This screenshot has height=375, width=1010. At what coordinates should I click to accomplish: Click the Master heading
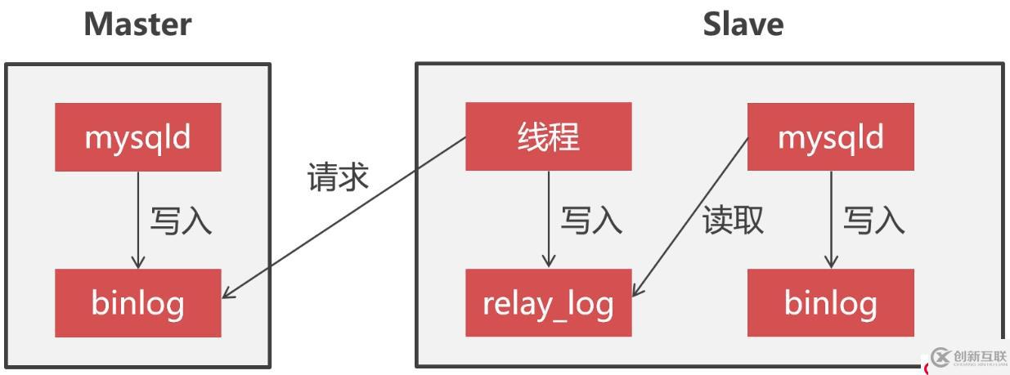[138, 25]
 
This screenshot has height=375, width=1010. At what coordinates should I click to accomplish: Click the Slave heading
[743, 25]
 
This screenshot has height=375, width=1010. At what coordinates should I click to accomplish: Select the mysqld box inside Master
[138, 136]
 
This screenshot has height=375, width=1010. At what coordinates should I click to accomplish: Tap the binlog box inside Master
[138, 303]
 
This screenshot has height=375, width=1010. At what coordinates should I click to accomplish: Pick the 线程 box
[548, 136]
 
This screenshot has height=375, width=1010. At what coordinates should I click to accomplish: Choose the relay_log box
[548, 303]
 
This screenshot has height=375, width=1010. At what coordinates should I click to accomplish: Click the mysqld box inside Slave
[830, 136]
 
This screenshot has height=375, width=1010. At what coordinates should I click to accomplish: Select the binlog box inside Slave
[830, 303]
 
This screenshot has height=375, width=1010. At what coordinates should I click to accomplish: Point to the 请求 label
[338, 177]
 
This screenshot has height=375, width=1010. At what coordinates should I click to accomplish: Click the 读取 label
[734, 220]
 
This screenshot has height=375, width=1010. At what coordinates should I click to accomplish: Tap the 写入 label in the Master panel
[181, 221]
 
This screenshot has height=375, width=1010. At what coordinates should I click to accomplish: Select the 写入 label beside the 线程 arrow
[590, 221]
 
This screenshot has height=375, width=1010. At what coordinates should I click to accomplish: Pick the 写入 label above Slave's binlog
[873, 221]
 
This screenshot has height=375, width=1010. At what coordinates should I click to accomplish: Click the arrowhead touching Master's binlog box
[229, 293]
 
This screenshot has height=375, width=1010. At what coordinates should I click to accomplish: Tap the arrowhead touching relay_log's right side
[639, 290]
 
